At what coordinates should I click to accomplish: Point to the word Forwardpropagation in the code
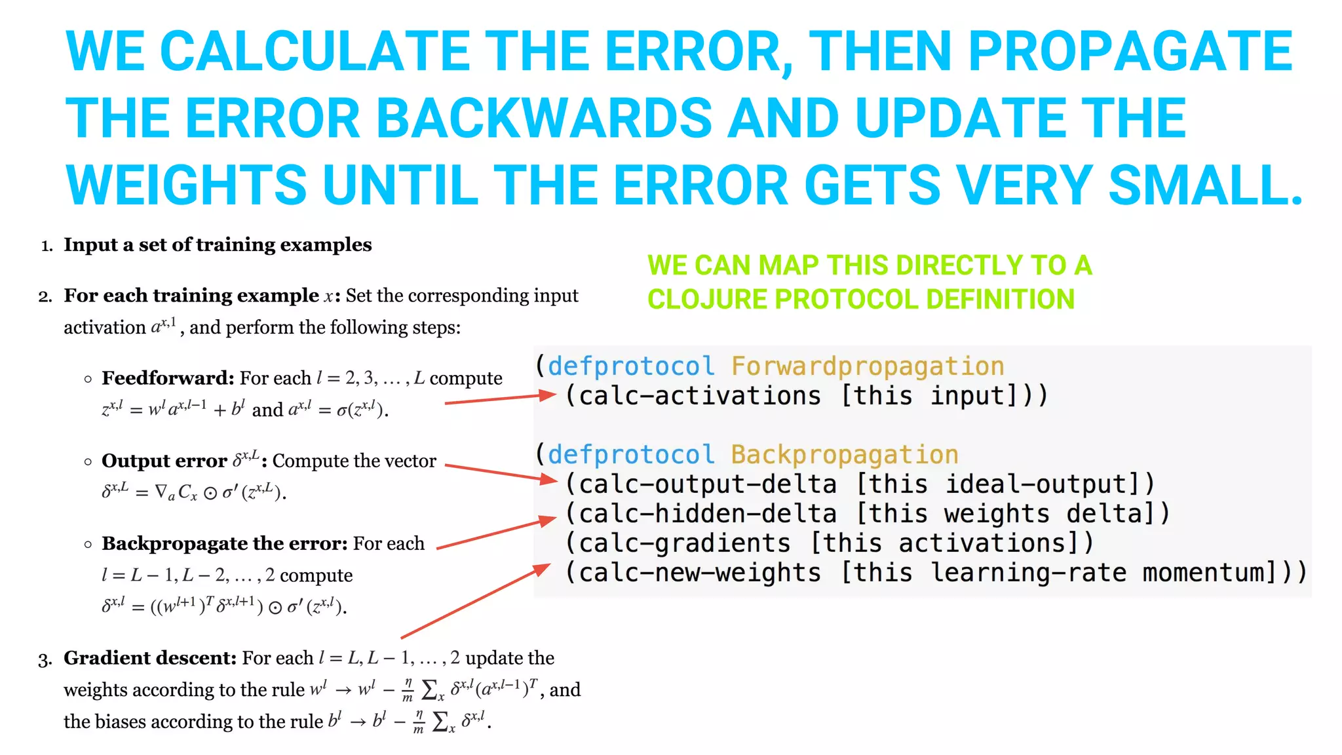tap(867, 366)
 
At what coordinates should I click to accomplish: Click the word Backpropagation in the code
tap(844, 454)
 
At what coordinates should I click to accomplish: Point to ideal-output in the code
tap(1035, 484)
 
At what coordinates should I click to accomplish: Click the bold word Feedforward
tap(168, 378)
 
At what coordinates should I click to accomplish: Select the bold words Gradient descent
tap(150, 658)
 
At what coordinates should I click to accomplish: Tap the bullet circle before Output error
tap(88, 461)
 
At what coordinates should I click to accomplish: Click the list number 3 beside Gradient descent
tap(44, 659)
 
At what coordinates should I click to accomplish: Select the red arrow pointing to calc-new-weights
tap(475, 601)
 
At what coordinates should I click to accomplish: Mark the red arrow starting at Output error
tap(501, 473)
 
